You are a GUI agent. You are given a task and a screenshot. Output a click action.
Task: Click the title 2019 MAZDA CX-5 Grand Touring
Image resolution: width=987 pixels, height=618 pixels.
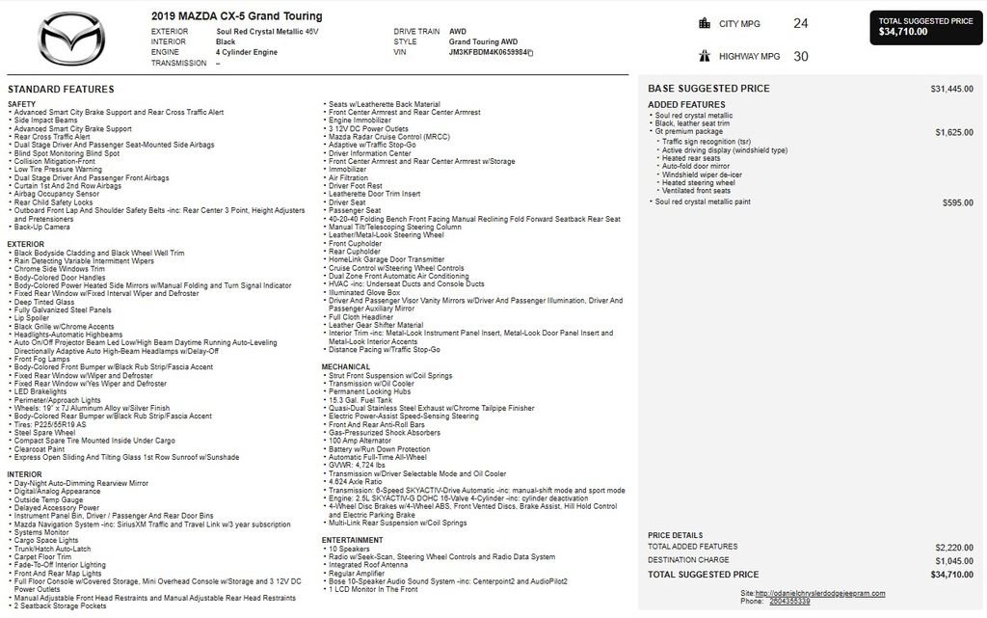pyautogui.click(x=237, y=16)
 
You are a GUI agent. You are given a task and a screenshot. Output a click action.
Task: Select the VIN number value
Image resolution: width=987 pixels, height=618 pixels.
pyautogui.click(x=490, y=53)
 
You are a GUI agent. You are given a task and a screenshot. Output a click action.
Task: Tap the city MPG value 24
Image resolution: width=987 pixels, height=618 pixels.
pyautogui.click(x=800, y=23)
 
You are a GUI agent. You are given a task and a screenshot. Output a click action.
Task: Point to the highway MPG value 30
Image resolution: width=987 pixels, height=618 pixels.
pyautogui.click(x=800, y=56)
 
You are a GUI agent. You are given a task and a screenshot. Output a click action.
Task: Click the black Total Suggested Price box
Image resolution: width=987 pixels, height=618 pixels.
pyautogui.click(x=926, y=26)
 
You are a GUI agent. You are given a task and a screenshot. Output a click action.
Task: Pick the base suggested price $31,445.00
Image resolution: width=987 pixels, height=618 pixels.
pyautogui.click(x=951, y=89)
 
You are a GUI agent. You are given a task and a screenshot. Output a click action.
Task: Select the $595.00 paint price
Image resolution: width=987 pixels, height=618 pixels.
pyautogui.click(x=957, y=202)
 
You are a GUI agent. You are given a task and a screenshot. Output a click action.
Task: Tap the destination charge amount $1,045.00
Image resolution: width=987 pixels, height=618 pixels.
pyautogui.click(x=953, y=560)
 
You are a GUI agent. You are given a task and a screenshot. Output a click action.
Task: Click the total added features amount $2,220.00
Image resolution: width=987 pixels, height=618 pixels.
pyautogui.click(x=953, y=547)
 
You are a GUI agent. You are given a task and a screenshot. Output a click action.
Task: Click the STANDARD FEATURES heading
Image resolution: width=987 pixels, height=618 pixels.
pyautogui.click(x=61, y=89)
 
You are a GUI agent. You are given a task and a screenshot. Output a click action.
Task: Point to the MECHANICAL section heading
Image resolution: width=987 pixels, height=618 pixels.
pyautogui.click(x=346, y=366)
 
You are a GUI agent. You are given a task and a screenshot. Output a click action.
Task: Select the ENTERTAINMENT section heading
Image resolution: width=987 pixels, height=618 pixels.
pyautogui.click(x=353, y=540)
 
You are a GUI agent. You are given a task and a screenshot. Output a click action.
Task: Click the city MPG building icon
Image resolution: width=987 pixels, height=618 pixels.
pyautogui.click(x=703, y=24)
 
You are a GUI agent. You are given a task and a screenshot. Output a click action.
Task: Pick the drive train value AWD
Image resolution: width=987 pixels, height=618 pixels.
pyautogui.click(x=458, y=32)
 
